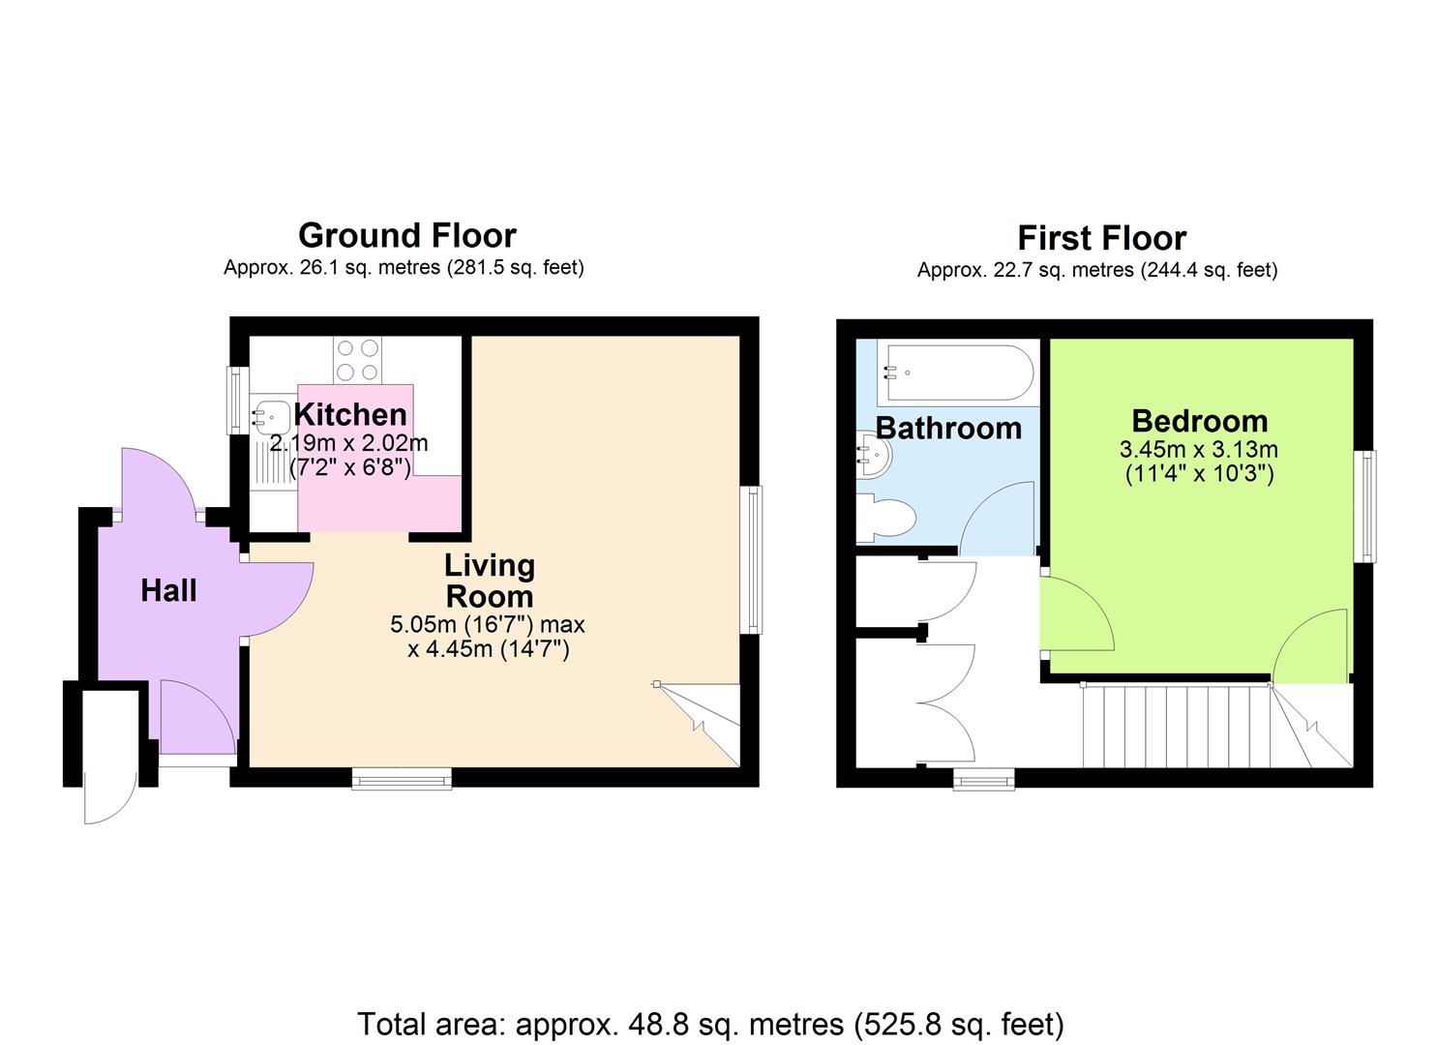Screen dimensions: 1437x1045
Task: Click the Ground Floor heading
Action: coord(407,235)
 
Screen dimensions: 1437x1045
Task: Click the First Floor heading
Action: coord(1102,238)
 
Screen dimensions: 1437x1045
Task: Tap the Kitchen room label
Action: coord(350,415)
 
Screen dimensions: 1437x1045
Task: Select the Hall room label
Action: coord(168,590)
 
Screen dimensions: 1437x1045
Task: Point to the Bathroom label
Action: coord(948,428)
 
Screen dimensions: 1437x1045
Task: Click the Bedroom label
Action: coord(1200,422)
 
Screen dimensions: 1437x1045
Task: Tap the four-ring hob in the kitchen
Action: coord(357,360)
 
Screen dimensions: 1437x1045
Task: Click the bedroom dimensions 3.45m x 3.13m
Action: coord(1199,450)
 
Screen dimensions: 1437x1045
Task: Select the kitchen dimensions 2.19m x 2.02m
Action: coord(349,443)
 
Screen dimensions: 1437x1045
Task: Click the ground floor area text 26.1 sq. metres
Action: coord(404,267)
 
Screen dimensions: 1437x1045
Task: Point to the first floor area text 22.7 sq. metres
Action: coord(1097,269)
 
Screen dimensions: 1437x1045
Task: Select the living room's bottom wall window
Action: coord(402,778)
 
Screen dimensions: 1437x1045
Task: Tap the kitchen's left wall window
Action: coord(237,401)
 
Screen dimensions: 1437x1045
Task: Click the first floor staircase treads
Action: coord(1177,726)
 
